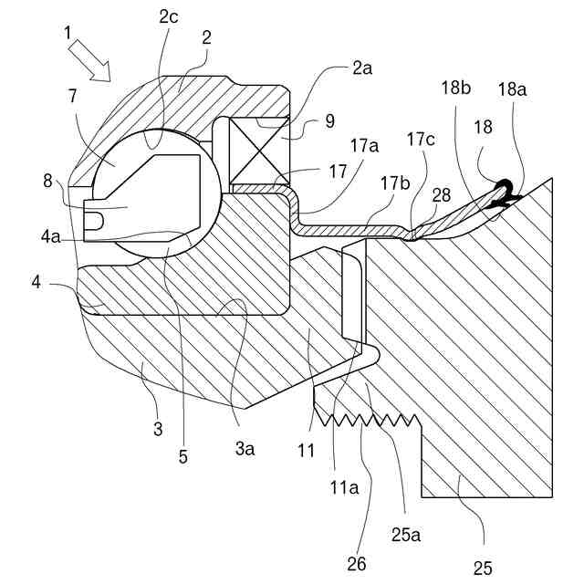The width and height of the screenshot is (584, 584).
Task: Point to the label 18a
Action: pyautogui.click(x=512, y=89)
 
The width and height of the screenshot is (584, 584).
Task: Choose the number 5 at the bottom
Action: pyautogui.click(x=182, y=456)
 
